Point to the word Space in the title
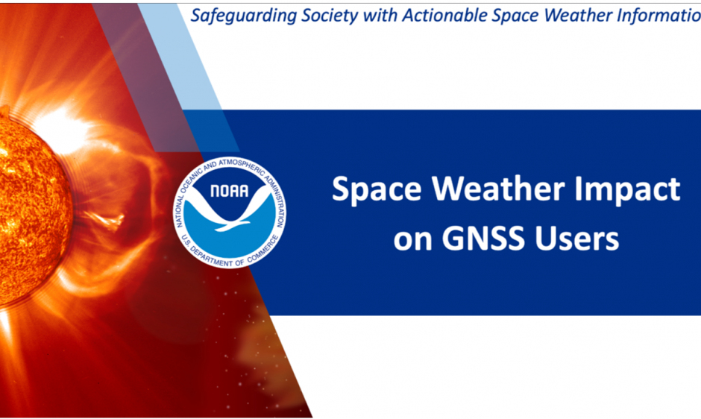[x=373, y=189]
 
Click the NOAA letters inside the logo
[x=230, y=190]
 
